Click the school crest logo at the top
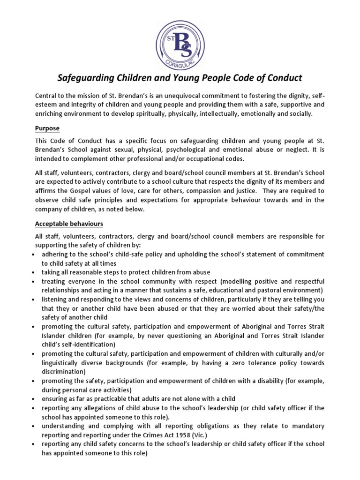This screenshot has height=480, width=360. [180, 37]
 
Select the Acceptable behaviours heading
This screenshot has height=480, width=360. [69, 224]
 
